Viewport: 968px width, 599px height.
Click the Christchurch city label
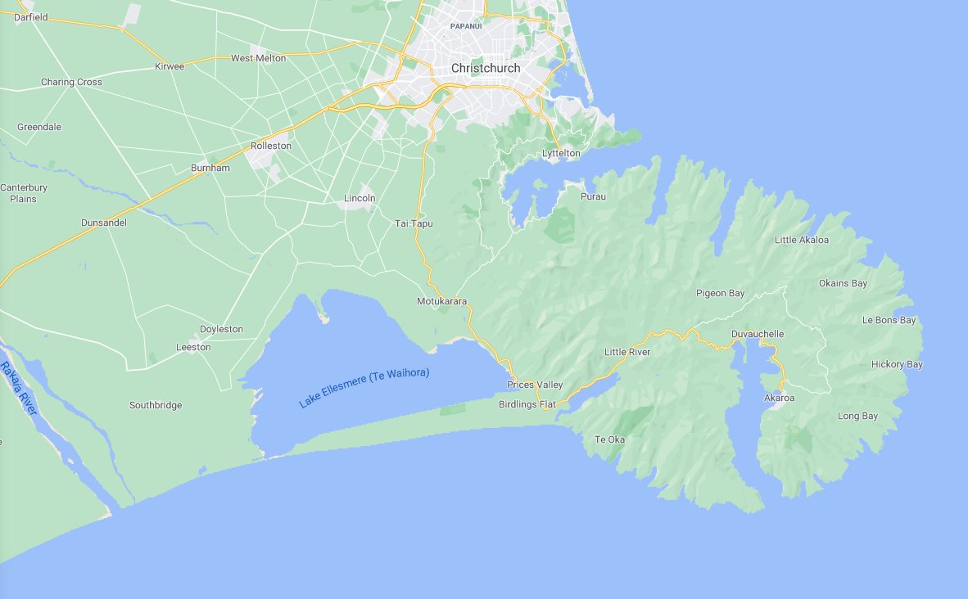(485, 68)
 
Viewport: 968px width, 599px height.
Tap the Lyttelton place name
(561, 153)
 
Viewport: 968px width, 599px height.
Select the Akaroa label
(779, 398)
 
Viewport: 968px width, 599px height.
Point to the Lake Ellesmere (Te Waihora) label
(364, 388)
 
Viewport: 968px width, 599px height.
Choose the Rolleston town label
(270, 146)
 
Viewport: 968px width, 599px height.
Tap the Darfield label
(31, 16)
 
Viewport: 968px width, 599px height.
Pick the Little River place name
(626, 352)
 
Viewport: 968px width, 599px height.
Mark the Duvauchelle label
(758, 334)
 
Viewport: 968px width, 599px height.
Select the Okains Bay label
(843, 283)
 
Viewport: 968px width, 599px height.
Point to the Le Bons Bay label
(889, 320)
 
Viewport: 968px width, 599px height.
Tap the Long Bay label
(857, 416)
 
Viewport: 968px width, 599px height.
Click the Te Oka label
(609, 439)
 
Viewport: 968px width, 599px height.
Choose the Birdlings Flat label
(527, 404)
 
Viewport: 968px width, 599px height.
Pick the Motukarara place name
(441, 301)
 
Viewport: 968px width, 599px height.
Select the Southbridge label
(156, 405)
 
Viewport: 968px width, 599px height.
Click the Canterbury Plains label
(23, 193)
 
